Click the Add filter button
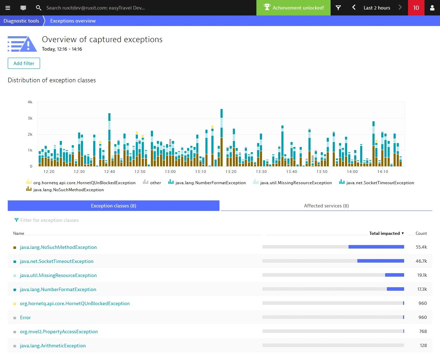tap(24, 63)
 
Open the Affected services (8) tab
tap(326, 206)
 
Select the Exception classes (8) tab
tap(113, 206)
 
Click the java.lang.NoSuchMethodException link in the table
tap(58, 247)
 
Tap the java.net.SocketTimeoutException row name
tap(56, 261)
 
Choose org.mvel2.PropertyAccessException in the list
tap(59, 332)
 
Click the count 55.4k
tap(421, 247)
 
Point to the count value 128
tap(423, 346)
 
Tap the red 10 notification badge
tap(416, 8)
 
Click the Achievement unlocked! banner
tap(293, 8)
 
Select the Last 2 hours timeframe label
tap(377, 8)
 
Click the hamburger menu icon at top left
tap(8, 8)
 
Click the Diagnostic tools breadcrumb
tap(21, 21)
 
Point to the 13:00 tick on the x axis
tap(170, 172)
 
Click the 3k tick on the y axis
tap(30, 118)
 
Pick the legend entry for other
tap(155, 183)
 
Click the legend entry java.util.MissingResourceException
tap(295, 183)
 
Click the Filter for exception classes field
tap(49, 220)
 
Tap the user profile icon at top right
tap(432, 8)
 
